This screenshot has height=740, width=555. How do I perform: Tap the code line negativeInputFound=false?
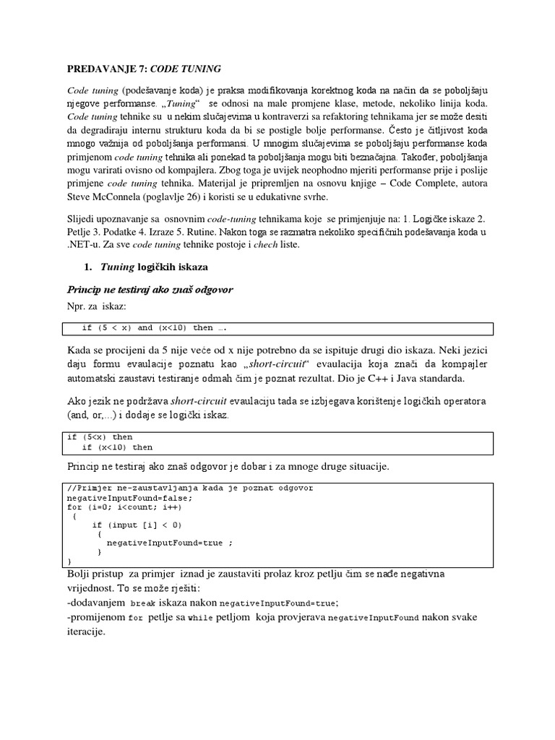click(x=129, y=498)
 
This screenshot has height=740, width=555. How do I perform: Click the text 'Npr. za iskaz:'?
click(x=98, y=306)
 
